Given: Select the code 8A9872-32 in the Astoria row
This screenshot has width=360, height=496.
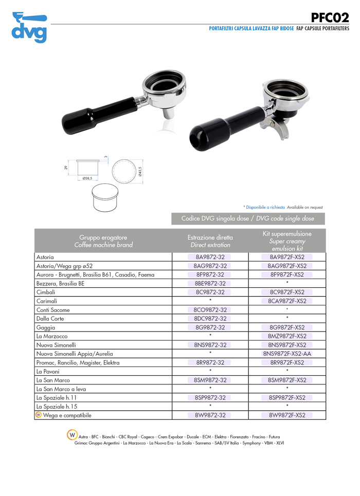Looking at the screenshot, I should click(x=210, y=257).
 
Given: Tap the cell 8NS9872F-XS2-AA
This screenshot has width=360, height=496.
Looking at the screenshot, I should click(x=287, y=354).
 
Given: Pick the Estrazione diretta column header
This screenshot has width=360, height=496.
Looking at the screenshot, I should click(x=210, y=241).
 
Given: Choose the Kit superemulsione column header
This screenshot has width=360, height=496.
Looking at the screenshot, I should click(x=287, y=241).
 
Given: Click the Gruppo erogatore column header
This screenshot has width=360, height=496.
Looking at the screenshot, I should click(x=103, y=241).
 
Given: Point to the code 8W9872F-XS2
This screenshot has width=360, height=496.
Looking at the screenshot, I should click(x=287, y=415).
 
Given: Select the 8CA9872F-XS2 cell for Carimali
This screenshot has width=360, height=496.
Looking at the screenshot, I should click(x=287, y=301).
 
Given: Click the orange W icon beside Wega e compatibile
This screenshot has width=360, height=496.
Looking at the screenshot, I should click(x=39, y=415).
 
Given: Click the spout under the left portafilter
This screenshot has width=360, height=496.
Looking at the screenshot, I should click(x=168, y=113).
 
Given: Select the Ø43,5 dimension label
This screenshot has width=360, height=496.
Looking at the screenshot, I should click(x=140, y=171).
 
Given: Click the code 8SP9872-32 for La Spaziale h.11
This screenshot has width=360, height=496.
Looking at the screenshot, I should click(x=210, y=398).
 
